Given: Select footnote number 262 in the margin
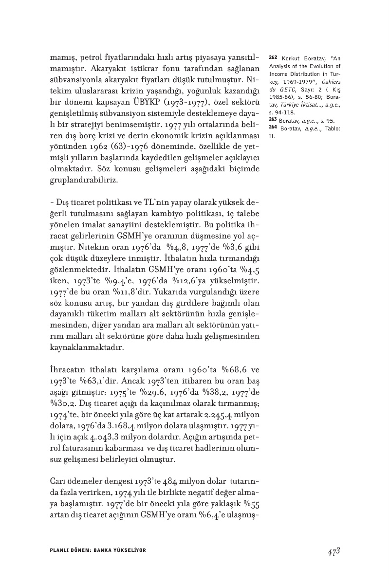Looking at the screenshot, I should pos(273,57).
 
